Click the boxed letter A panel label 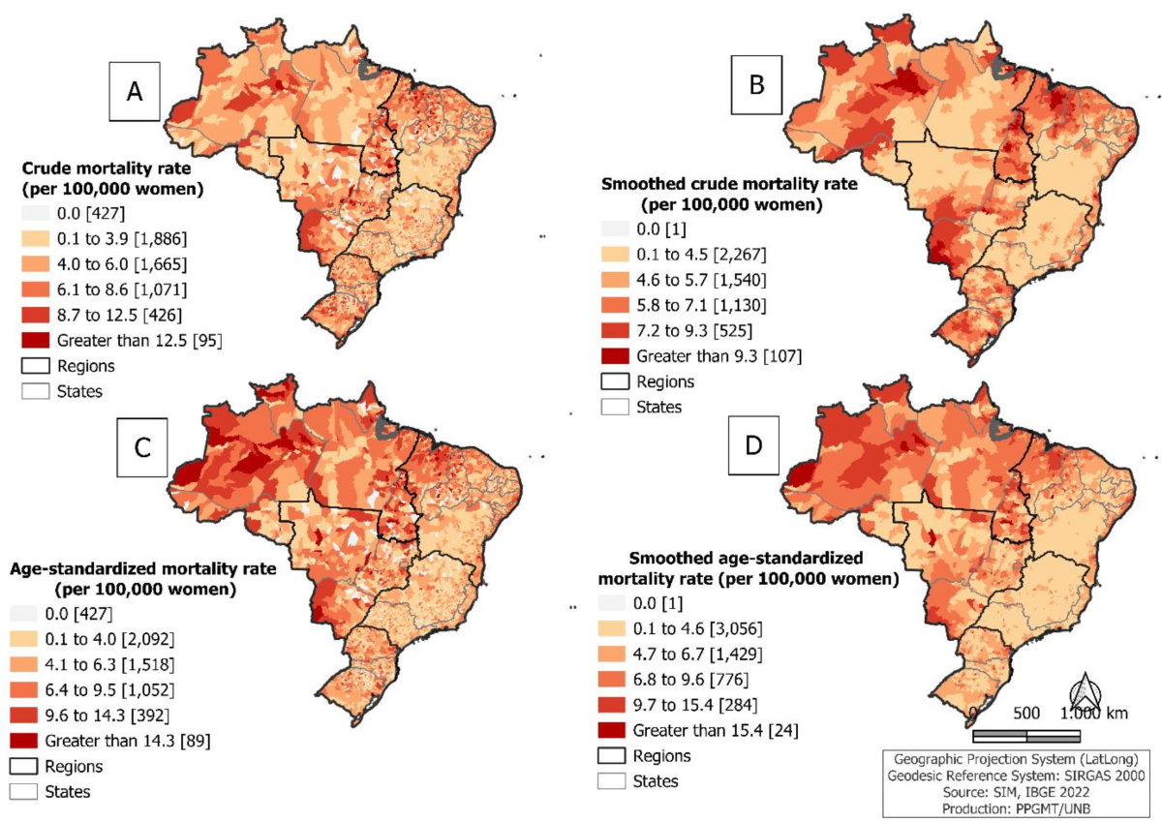point(135,92)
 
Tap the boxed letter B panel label point(756,85)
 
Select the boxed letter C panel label point(142,447)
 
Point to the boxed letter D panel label point(753,445)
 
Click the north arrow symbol point(1086,695)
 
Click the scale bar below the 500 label point(1026,736)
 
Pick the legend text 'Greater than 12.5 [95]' point(139,341)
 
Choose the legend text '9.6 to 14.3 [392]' point(107,715)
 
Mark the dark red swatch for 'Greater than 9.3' point(615,355)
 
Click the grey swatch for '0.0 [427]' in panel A point(36,213)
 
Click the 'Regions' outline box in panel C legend point(23,766)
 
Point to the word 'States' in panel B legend point(658,407)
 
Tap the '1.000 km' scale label point(1093,714)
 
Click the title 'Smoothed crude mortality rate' point(729,184)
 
